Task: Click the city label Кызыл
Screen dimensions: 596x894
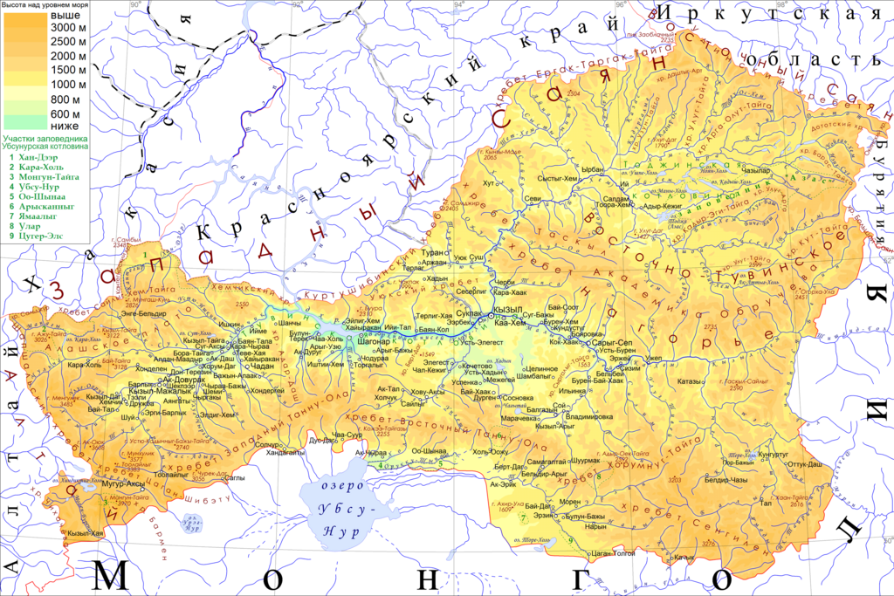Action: [507, 311]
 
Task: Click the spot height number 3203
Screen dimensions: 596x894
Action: [674, 480]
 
